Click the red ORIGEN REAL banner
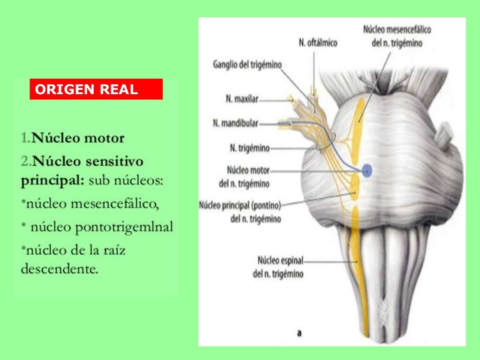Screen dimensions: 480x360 coord(96,89)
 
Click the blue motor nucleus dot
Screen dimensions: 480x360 coord(367,170)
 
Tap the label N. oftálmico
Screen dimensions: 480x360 coord(318,43)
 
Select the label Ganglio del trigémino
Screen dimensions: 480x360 coord(247,64)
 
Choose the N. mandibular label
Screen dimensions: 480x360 coord(236,124)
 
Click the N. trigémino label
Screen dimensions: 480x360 coord(249,148)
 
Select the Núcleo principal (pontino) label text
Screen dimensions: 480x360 coord(240,205)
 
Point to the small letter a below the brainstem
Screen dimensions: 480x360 coord(299,333)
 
